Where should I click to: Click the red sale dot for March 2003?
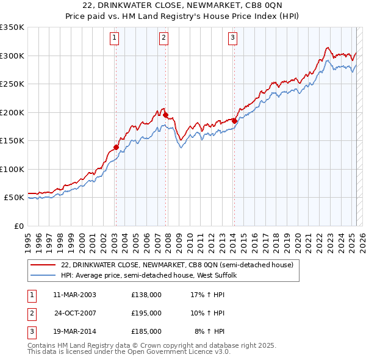116,147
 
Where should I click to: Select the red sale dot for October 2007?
166,115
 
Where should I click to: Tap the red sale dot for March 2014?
235,121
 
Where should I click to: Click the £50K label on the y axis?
14,198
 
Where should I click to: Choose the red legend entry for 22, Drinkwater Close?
177,265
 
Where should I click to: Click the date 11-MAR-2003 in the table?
75,295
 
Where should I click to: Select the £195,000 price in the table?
146,313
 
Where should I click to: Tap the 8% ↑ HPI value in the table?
210,331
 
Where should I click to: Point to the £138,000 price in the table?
146,295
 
